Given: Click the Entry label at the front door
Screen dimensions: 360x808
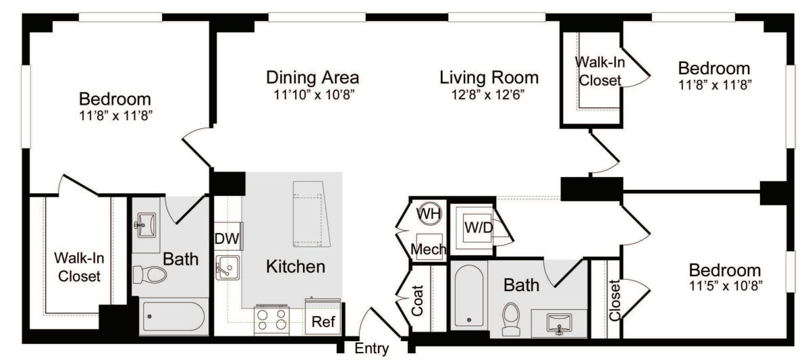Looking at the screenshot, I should pyautogui.click(x=371, y=349).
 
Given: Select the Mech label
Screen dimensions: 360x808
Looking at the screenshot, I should pyautogui.click(x=429, y=250).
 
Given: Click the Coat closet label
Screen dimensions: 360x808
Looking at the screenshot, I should pyautogui.click(x=418, y=299).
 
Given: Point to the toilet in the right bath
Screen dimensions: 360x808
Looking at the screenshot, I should pyautogui.click(x=511, y=319).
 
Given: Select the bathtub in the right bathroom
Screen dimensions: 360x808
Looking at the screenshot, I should pyautogui.click(x=468, y=295).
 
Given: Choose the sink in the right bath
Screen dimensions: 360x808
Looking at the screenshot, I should pyautogui.click(x=559, y=323).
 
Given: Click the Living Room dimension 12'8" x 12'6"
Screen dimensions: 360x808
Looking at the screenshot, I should pyautogui.click(x=489, y=94).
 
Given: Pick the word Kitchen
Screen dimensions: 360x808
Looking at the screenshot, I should pyautogui.click(x=296, y=266).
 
